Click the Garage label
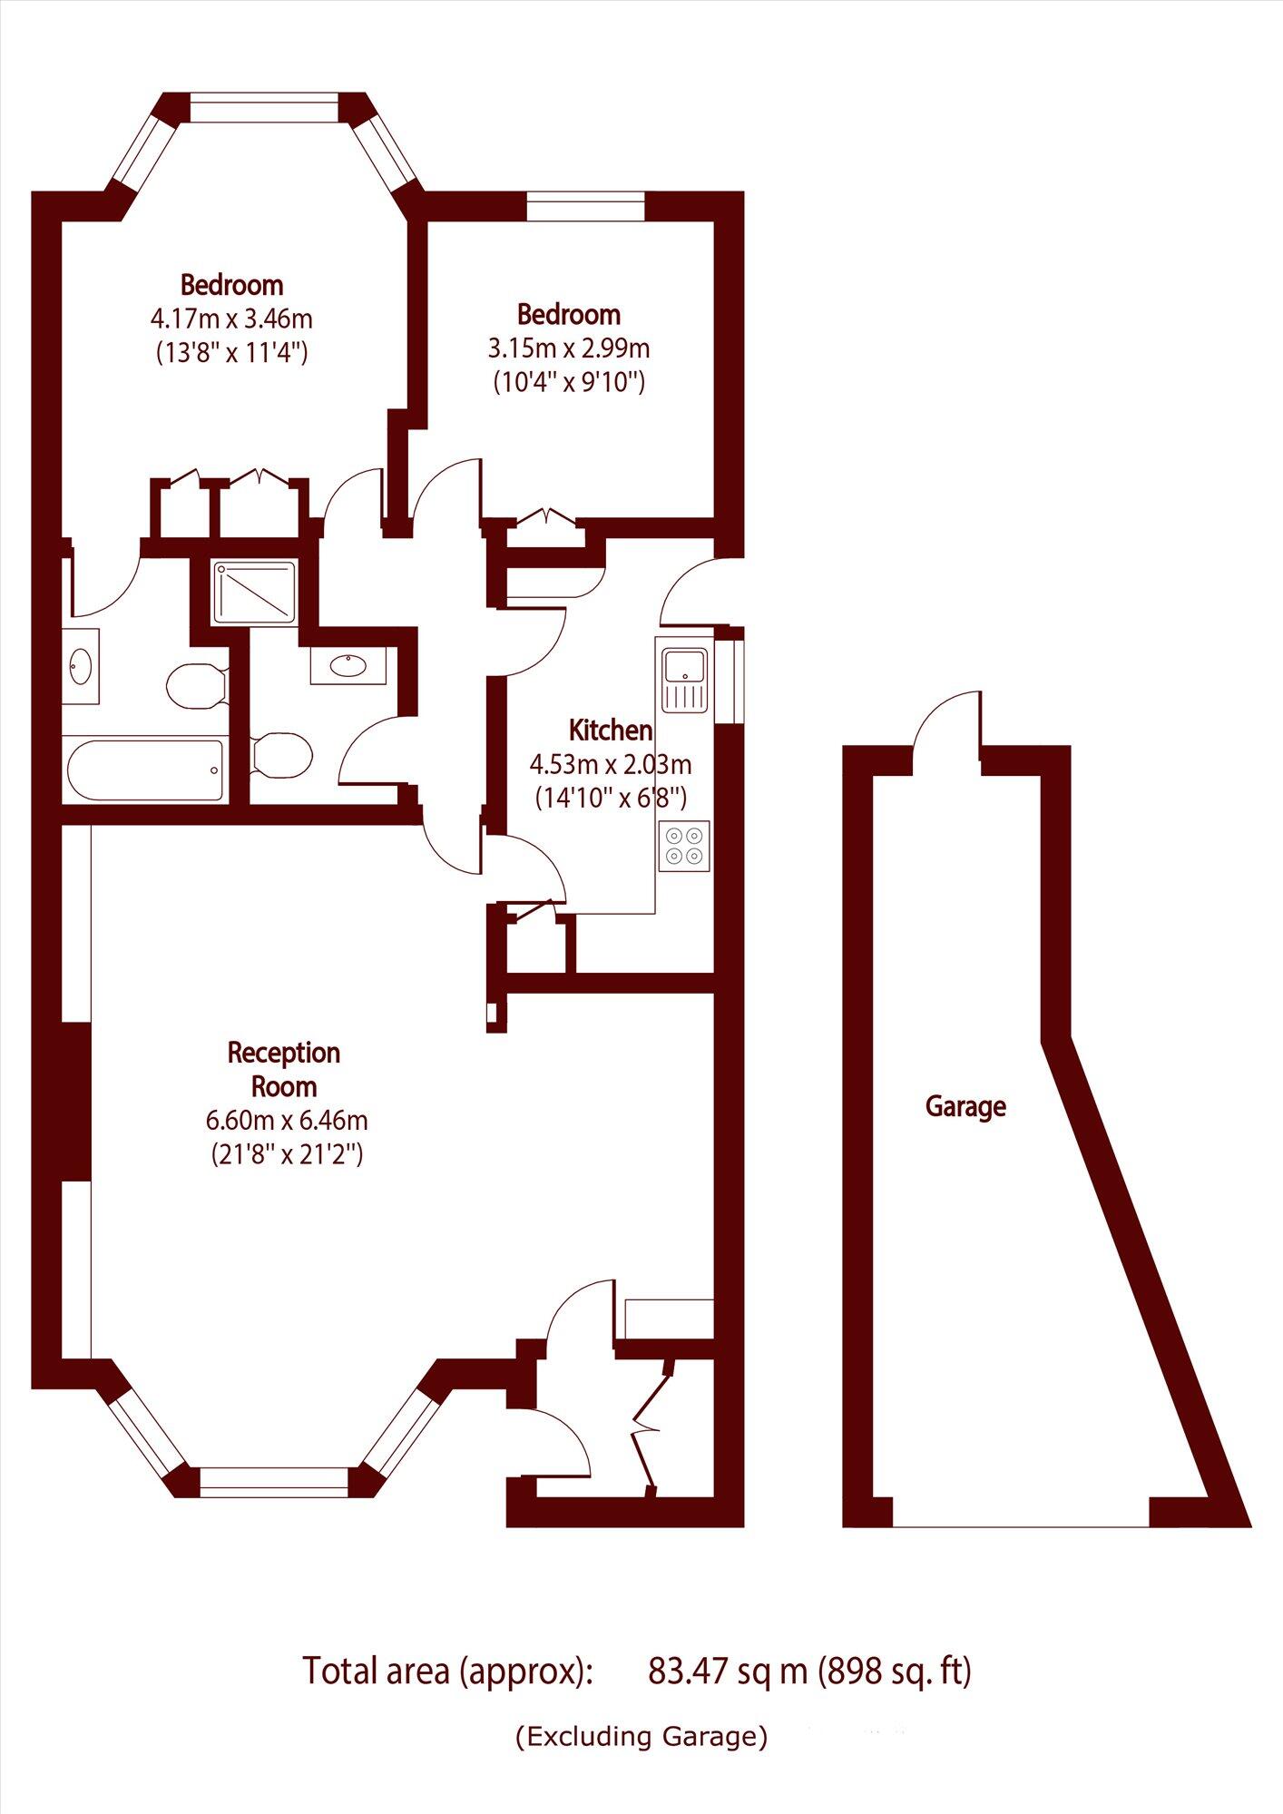coord(965,1106)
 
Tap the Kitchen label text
coord(610,731)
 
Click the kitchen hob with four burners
coord(684,847)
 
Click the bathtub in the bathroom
coord(145,770)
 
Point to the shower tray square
coord(255,593)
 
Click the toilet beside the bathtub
coord(195,684)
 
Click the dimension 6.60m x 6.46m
coord(287,1120)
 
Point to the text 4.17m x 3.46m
coord(231,319)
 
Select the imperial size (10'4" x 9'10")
coord(569,382)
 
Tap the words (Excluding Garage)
coord(641,1737)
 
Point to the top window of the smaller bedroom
coord(585,206)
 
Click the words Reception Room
coord(283,1069)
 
